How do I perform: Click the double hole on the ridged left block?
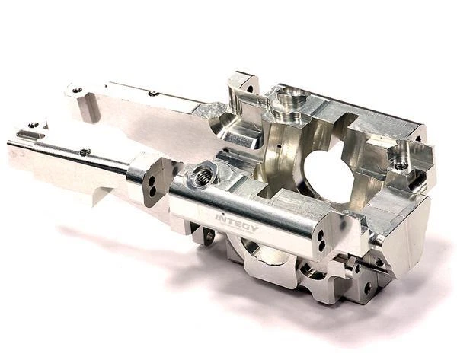pos(152,186)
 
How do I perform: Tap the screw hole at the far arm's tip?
pos(78,90)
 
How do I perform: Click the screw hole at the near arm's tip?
pos(32,125)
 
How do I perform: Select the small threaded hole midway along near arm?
pos(85,151)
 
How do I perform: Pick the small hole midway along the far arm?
pos(153,94)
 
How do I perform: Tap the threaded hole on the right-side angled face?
pos(400,161)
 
